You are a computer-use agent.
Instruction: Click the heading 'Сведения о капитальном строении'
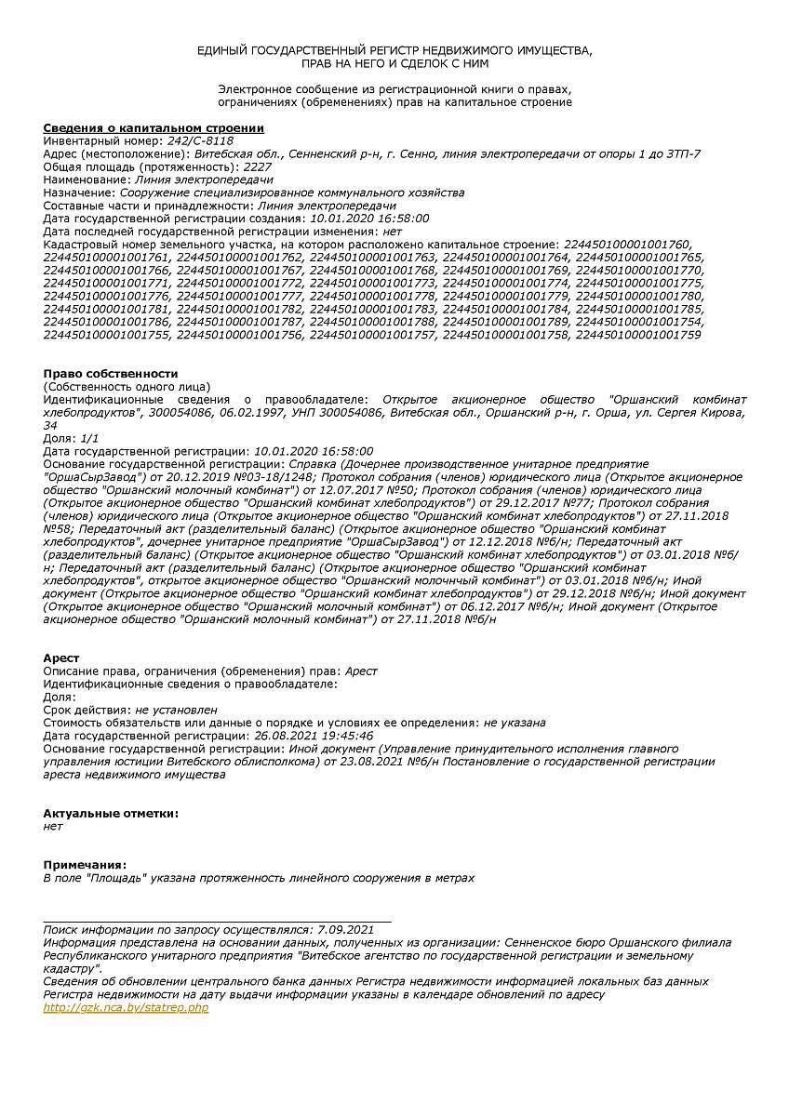pos(154,127)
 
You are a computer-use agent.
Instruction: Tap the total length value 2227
pos(258,166)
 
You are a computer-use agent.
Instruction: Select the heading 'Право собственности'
pos(111,373)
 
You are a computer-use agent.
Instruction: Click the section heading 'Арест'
pos(61,658)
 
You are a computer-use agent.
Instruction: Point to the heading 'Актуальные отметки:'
pos(111,813)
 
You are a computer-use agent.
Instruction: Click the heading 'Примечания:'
pos(85,864)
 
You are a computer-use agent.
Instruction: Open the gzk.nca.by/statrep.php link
pos(127,1007)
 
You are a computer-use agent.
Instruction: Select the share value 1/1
pos(89,437)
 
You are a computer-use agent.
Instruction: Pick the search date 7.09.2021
pos(345,929)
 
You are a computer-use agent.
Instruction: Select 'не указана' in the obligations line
pos(515,723)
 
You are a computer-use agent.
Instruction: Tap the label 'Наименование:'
pos(87,179)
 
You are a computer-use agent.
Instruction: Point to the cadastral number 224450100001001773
pos(373,283)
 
